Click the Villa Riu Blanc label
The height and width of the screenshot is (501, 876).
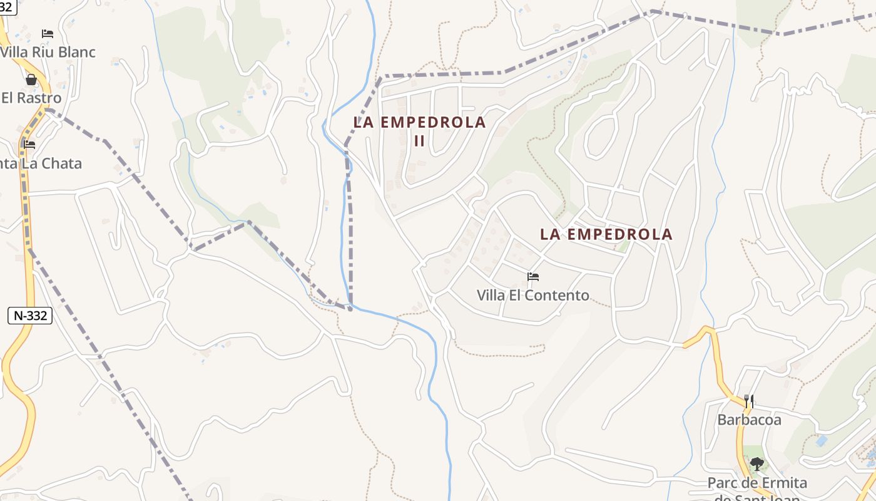(x=48, y=52)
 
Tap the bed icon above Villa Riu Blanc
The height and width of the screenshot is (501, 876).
(x=48, y=33)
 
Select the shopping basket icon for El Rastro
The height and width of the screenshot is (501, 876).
(x=31, y=80)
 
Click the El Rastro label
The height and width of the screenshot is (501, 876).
(x=31, y=98)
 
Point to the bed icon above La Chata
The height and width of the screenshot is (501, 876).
(x=29, y=144)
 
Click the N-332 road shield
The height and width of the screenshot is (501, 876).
(x=30, y=316)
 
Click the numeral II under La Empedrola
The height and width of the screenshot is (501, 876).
(x=419, y=141)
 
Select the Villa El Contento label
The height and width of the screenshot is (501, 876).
(x=533, y=295)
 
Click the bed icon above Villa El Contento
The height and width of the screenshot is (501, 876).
(x=533, y=276)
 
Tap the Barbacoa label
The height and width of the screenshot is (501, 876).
(x=749, y=420)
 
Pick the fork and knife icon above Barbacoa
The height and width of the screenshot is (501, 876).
(x=748, y=401)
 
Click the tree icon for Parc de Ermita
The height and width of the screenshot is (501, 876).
(x=757, y=464)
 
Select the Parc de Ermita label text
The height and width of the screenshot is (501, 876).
(x=757, y=483)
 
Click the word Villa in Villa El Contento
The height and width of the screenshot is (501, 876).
(x=492, y=295)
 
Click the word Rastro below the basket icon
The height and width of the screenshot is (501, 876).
(x=39, y=98)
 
